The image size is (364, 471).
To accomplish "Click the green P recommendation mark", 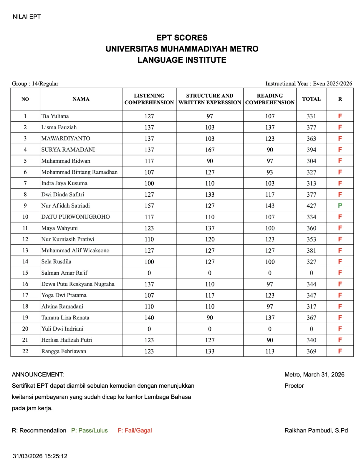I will [340, 205].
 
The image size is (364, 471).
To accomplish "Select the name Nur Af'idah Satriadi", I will [65, 205].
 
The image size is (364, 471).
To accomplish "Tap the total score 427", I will [311, 205].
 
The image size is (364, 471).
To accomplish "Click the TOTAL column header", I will [311, 99].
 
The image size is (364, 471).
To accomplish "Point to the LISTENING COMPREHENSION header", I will [149, 99].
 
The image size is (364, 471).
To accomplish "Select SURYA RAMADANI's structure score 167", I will [210, 150].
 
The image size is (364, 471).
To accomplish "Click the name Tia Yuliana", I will [55, 116].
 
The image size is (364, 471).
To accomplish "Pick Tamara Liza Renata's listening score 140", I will [149, 317].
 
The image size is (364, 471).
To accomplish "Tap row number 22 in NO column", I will [25, 351].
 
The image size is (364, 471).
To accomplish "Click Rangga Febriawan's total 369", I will [311, 351].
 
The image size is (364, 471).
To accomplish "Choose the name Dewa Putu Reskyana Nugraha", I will [78, 284].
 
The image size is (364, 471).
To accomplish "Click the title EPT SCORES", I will [182, 38].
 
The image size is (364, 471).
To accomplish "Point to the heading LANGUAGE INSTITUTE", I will [182, 60].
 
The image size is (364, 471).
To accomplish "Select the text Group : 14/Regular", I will [35, 84].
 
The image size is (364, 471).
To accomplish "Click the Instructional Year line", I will [309, 84].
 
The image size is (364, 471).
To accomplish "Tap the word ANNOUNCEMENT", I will [38, 374].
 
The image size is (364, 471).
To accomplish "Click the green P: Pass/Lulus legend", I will [90, 430].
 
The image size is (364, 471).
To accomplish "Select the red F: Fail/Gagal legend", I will [135, 430].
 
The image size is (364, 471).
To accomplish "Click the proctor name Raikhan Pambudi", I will [316, 430].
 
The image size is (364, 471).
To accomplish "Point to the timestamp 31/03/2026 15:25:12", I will [40, 456].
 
